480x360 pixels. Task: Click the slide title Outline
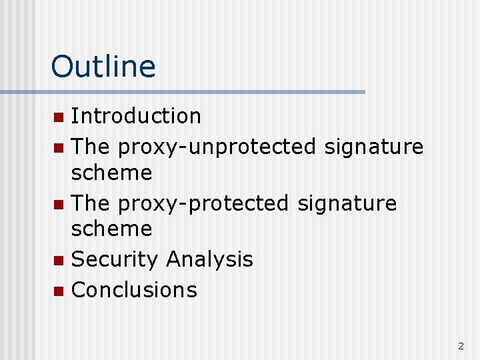click(103, 67)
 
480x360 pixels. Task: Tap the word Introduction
click(136, 116)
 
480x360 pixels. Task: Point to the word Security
click(115, 259)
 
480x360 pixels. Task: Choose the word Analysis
click(210, 259)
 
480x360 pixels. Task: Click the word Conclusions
click(134, 289)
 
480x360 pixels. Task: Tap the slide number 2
click(461, 346)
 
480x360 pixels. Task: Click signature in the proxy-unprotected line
click(374, 145)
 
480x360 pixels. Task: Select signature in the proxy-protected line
click(347, 203)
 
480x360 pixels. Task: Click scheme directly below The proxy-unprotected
click(111, 173)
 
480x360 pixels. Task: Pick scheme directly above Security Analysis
click(111, 229)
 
